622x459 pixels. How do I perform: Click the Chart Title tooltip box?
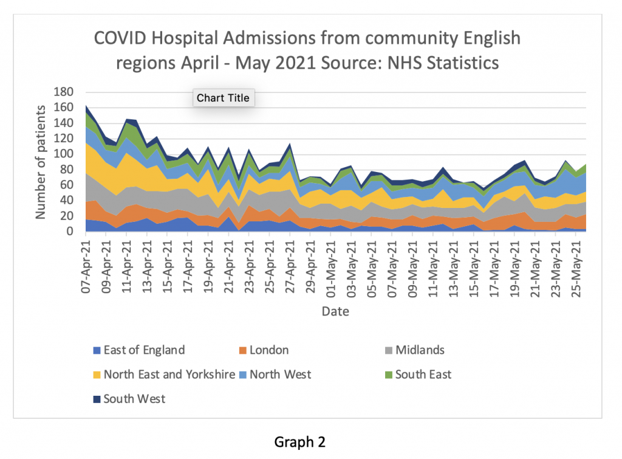click(x=223, y=98)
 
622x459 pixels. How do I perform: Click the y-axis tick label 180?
click(x=63, y=92)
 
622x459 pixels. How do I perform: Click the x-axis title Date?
click(x=335, y=311)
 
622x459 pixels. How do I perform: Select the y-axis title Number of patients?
click(x=41, y=162)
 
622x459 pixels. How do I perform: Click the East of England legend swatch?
click(x=96, y=350)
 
